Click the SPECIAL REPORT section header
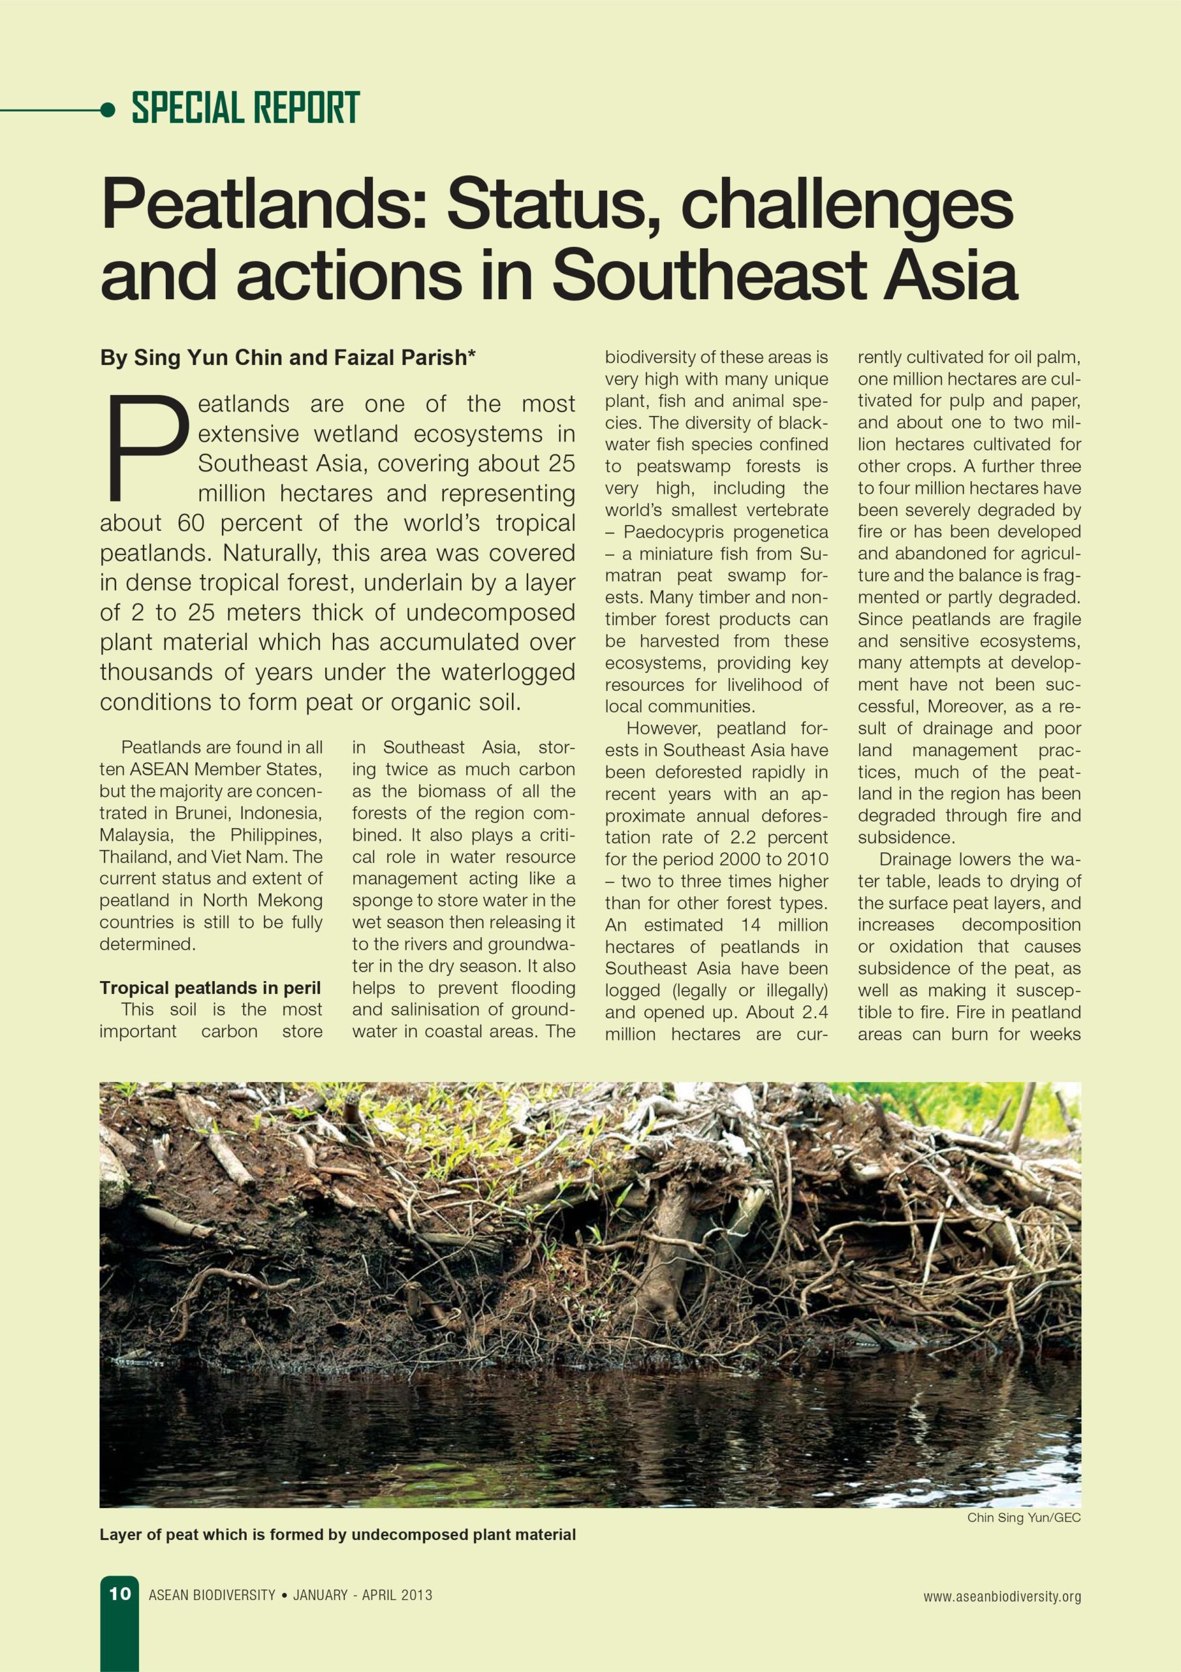click(245, 108)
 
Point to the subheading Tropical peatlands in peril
click(210, 988)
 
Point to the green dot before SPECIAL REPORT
click(108, 109)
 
